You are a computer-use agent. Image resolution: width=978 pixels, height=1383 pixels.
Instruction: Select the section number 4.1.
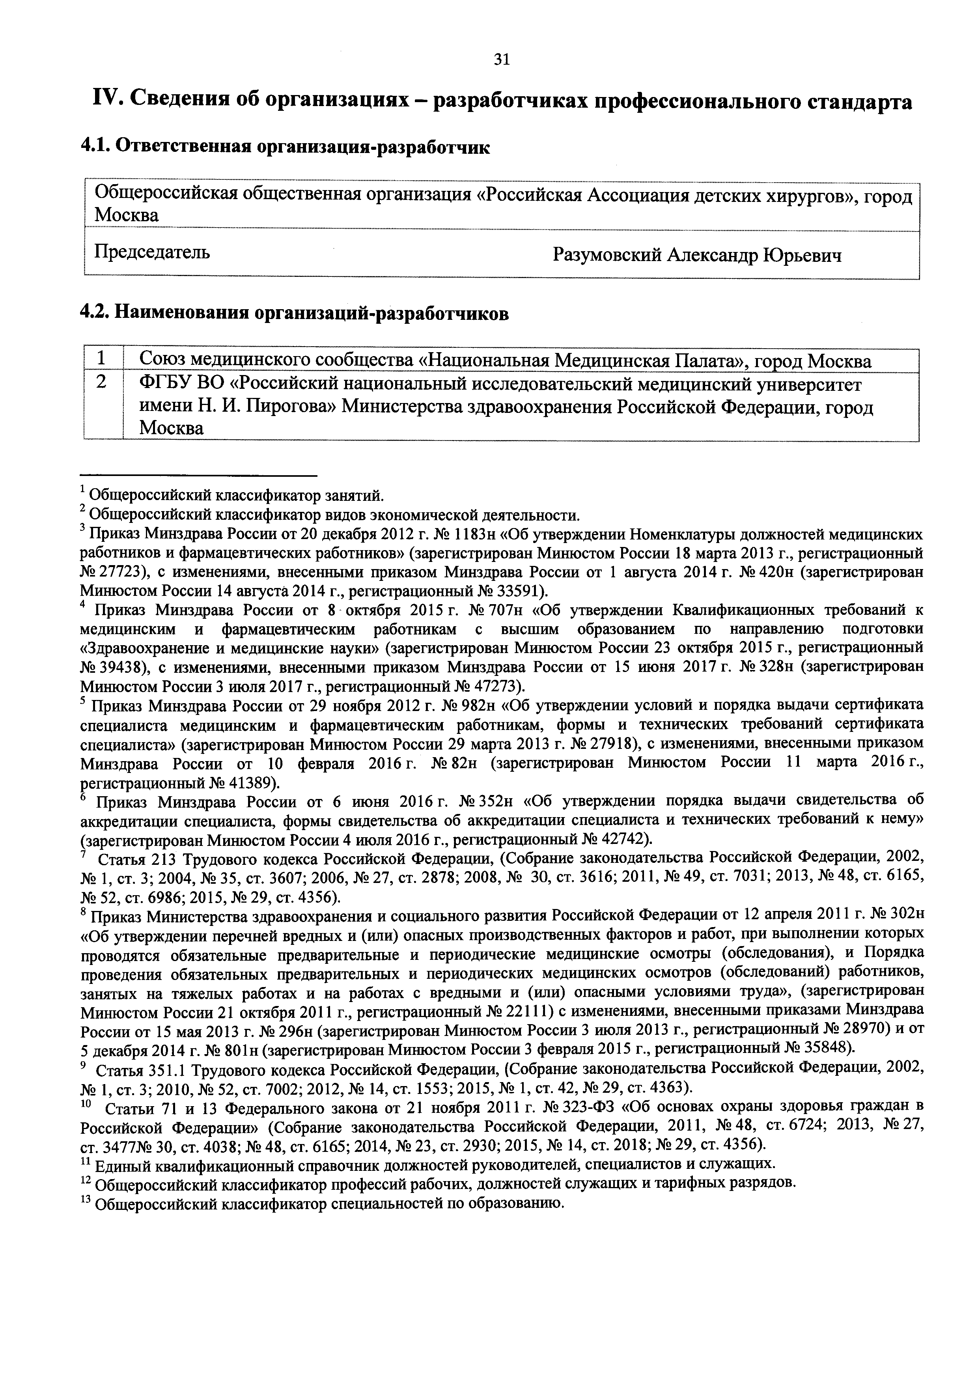[95, 146]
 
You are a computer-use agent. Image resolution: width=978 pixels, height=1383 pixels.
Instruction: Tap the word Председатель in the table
[152, 251]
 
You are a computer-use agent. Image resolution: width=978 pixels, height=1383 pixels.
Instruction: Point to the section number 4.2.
[95, 313]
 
